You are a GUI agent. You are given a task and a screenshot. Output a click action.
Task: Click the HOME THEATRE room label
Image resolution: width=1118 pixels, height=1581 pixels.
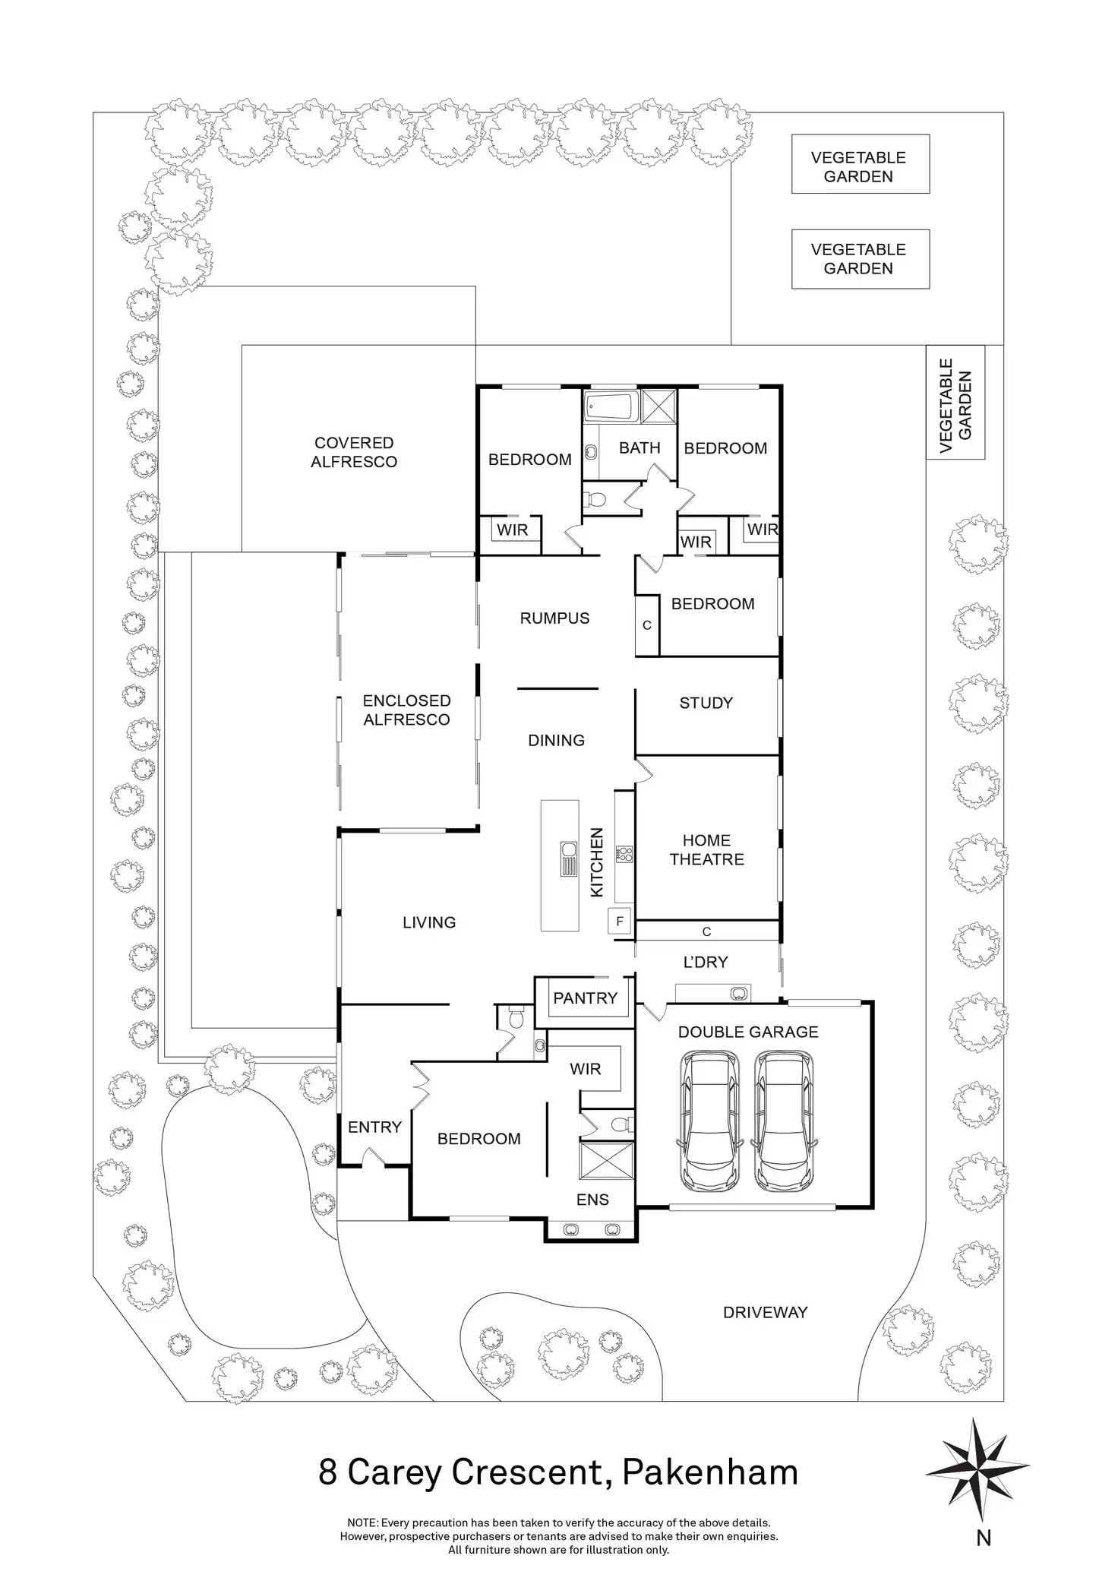706,850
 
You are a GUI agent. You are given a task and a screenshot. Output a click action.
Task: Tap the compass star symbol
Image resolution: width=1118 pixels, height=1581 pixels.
977,1472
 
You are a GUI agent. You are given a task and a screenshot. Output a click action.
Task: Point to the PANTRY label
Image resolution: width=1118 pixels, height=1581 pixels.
585,998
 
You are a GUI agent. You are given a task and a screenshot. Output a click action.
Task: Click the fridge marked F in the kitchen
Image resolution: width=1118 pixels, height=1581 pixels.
620,922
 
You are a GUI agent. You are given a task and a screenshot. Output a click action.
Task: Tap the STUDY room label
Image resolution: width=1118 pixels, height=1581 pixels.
706,704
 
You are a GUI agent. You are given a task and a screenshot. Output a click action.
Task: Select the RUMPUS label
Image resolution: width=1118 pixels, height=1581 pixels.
554,618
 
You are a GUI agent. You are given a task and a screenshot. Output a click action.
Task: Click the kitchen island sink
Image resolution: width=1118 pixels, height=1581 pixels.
568,859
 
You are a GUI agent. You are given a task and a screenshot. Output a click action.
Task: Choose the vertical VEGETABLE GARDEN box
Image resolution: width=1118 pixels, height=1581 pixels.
955,403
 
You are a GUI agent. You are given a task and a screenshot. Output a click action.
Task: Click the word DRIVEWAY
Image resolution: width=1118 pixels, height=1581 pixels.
765,1311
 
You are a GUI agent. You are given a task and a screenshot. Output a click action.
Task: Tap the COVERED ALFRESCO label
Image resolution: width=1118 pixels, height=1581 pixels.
354,452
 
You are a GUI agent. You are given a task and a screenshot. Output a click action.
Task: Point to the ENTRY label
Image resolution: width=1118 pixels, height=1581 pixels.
374,1127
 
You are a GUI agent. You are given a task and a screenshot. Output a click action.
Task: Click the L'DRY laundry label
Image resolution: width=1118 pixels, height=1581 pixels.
706,963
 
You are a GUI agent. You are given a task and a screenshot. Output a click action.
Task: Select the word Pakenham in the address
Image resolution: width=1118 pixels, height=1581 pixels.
710,1472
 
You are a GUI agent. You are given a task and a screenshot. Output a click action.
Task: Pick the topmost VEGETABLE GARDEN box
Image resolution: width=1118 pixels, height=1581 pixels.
860,164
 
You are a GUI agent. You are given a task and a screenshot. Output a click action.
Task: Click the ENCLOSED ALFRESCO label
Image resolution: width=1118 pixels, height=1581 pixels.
406,710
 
